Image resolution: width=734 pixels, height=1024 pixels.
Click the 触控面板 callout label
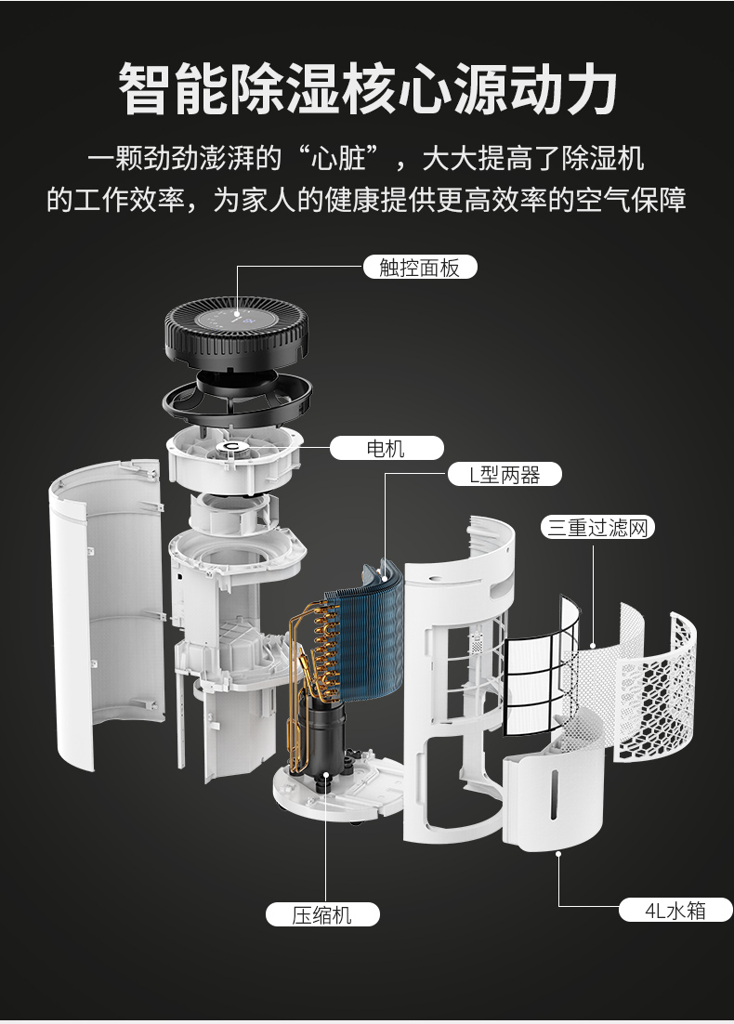click(420, 267)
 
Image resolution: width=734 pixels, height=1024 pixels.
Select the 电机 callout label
click(386, 448)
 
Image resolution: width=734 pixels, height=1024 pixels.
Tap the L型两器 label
click(505, 474)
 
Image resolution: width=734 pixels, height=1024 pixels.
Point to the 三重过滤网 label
click(597, 527)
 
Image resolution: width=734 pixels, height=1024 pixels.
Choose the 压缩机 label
click(322, 914)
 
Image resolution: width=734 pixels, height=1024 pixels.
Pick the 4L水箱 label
click(675, 910)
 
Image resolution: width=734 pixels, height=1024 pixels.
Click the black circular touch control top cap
click(236, 330)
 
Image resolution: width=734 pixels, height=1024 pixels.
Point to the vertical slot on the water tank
click(554, 794)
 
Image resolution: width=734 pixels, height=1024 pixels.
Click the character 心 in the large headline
click(424, 88)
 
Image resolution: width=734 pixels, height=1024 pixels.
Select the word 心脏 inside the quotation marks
click(338, 158)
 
